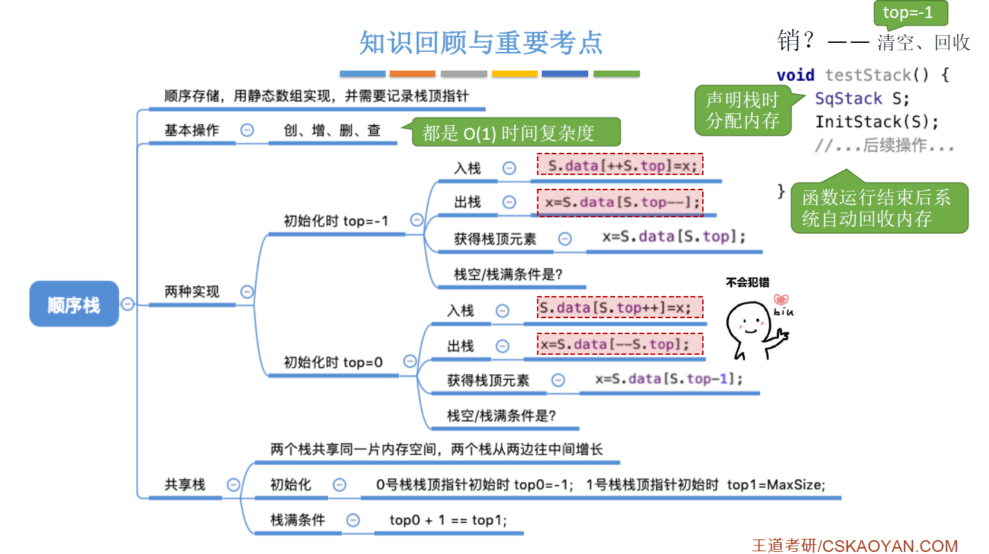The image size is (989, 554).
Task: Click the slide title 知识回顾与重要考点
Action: click(x=480, y=42)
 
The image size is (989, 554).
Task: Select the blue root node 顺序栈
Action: click(x=74, y=304)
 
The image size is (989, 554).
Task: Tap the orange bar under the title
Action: click(x=412, y=73)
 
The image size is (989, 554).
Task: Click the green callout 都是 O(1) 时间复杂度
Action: click(x=509, y=133)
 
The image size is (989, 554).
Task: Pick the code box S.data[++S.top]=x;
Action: click(x=620, y=165)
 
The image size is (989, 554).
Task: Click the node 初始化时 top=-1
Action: click(x=336, y=221)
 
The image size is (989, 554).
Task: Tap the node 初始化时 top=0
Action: click(x=333, y=362)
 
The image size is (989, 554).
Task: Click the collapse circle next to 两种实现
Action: click(x=247, y=292)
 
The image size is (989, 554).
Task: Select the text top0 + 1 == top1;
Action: click(x=448, y=520)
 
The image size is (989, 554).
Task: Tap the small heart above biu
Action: click(x=782, y=299)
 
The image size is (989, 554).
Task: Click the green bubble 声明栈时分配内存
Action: click(x=742, y=111)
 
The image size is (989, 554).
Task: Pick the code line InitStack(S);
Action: click(x=877, y=122)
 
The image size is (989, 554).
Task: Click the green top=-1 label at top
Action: click(x=907, y=13)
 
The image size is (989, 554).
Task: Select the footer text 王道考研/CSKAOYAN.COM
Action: click(x=854, y=546)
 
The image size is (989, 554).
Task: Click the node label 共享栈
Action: click(x=185, y=485)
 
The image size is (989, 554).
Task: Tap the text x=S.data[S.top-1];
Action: click(x=669, y=379)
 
